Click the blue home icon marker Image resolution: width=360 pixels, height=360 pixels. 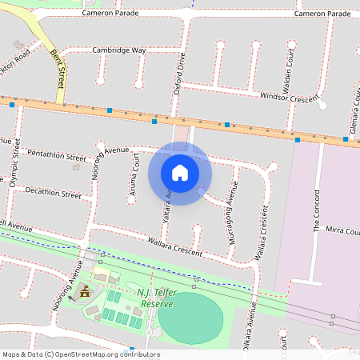click(x=180, y=172)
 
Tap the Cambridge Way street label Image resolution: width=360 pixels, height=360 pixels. click(x=119, y=50)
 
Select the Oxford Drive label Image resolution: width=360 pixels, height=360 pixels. click(x=180, y=74)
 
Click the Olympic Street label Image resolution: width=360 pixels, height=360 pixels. click(x=14, y=162)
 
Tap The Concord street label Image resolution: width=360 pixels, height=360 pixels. click(x=317, y=210)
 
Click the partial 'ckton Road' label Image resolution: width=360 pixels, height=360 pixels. click(x=16, y=58)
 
